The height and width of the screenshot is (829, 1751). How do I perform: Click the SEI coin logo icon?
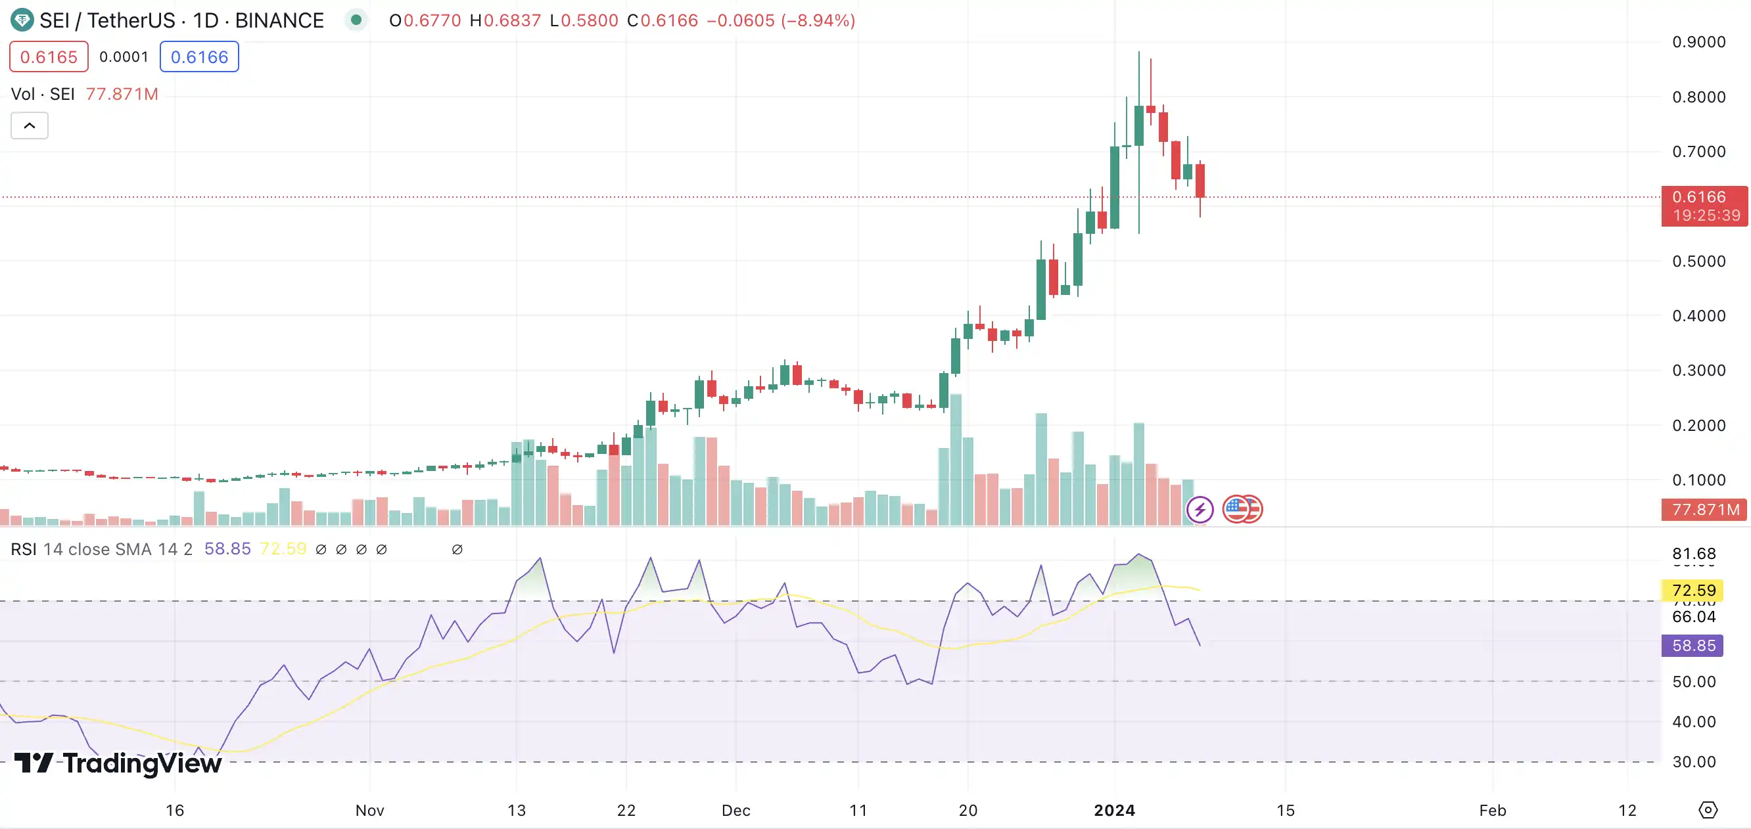[22, 20]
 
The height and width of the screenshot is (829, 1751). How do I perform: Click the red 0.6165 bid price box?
[49, 56]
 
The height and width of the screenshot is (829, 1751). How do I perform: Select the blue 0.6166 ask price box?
[199, 56]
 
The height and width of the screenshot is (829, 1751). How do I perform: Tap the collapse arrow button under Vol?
[29, 125]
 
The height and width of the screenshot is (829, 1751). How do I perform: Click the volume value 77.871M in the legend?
[122, 94]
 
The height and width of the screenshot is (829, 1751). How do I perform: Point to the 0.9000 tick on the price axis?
[1698, 42]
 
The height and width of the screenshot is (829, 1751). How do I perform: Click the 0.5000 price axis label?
[1698, 261]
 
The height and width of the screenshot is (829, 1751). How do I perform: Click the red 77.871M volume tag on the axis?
[1704, 510]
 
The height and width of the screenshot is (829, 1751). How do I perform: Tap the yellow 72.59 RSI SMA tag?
[1693, 590]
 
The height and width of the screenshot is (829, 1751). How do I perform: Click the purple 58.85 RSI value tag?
[1693, 646]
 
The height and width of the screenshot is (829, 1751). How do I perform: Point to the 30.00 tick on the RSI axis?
[1693, 762]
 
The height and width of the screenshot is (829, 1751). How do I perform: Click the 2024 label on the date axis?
[1114, 810]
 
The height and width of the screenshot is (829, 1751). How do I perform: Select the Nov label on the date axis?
[370, 810]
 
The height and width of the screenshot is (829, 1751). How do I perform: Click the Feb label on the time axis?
[1493, 810]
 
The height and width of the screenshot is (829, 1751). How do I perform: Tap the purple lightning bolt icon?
[1200, 509]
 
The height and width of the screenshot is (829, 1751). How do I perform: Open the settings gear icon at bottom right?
[1708, 810]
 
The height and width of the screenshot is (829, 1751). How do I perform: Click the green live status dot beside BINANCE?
[356, 20]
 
